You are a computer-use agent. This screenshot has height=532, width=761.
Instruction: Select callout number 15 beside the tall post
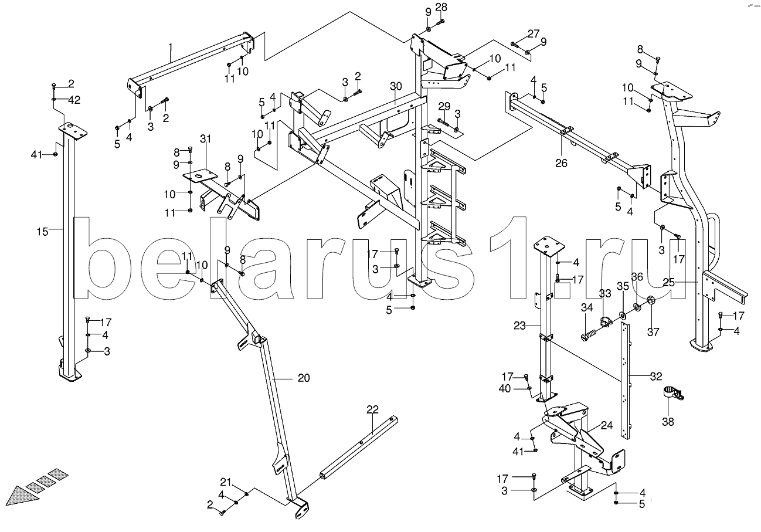click(x=42, y=232)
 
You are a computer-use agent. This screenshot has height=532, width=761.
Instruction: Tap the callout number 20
click(x=303, y=378)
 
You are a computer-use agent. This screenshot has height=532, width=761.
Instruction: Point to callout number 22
click(x=373, y=409)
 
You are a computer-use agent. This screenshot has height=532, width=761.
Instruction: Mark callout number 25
click(x=669, y=282)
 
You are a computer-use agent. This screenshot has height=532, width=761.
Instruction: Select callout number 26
click(x=561, y=164)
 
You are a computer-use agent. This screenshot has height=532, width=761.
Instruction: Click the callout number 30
click(x=396, y=87)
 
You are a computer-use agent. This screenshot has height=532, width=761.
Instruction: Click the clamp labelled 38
click(x=671, y=394)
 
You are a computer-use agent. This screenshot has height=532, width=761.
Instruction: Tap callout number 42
click(x=74, y=100)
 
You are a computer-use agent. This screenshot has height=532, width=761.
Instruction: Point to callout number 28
click(x=441, y=7)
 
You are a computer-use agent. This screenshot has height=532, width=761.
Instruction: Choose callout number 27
click(x=532, y=33)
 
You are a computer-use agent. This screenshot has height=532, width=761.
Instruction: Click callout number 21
click(x=226, y=482)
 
